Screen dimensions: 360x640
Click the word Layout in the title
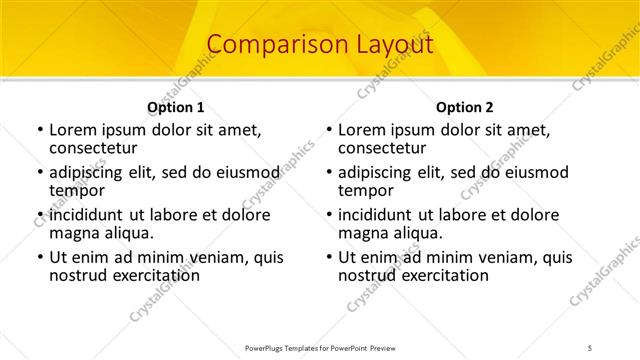pyautogui.click(x=391, y=45)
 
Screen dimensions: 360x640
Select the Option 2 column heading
pyautogui.click(x=464, y=107)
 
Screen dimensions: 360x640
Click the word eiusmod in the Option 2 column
pyautogui.click(x=533, y=173)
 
